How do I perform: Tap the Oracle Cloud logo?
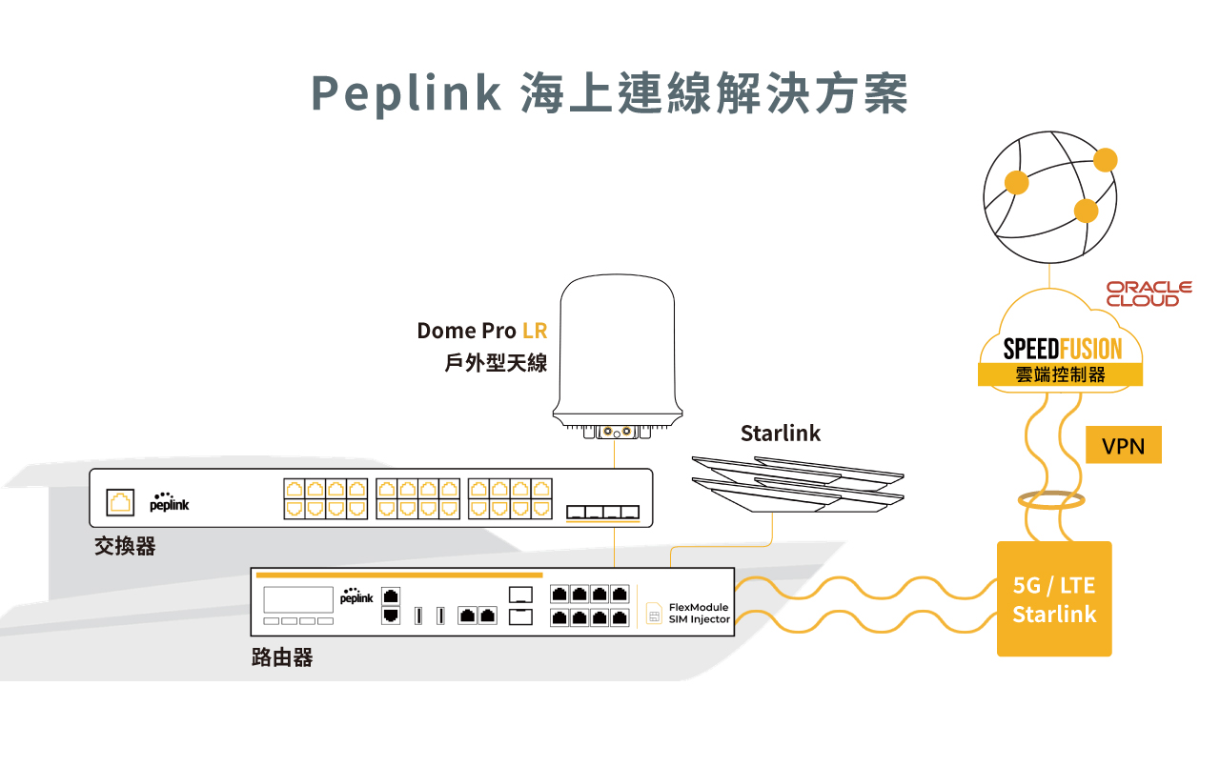click(1149, 293)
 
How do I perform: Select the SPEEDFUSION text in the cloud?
click(1062, 349)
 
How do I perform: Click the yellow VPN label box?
click(1124, 445)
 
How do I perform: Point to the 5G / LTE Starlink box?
click(1054, 599)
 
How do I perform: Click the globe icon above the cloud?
click(1049, 199)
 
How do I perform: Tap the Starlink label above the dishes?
click(781, 434)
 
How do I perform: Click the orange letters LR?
click(535, 331)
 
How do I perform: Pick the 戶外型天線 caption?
click(497, 363)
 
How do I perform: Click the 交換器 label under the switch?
click(125, 546)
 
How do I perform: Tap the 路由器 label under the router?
click(282, 657)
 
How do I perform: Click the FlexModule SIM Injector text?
click(699, 613)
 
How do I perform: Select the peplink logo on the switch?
click(169, 502)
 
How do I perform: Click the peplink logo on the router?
click(356, 597)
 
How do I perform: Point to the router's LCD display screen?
click(298, 599)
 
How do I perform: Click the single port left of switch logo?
click(120, 501)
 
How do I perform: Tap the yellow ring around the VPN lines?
click(1053, 500)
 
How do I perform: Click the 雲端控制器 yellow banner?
click(1060, 375)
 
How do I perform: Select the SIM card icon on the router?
click(654, 615)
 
